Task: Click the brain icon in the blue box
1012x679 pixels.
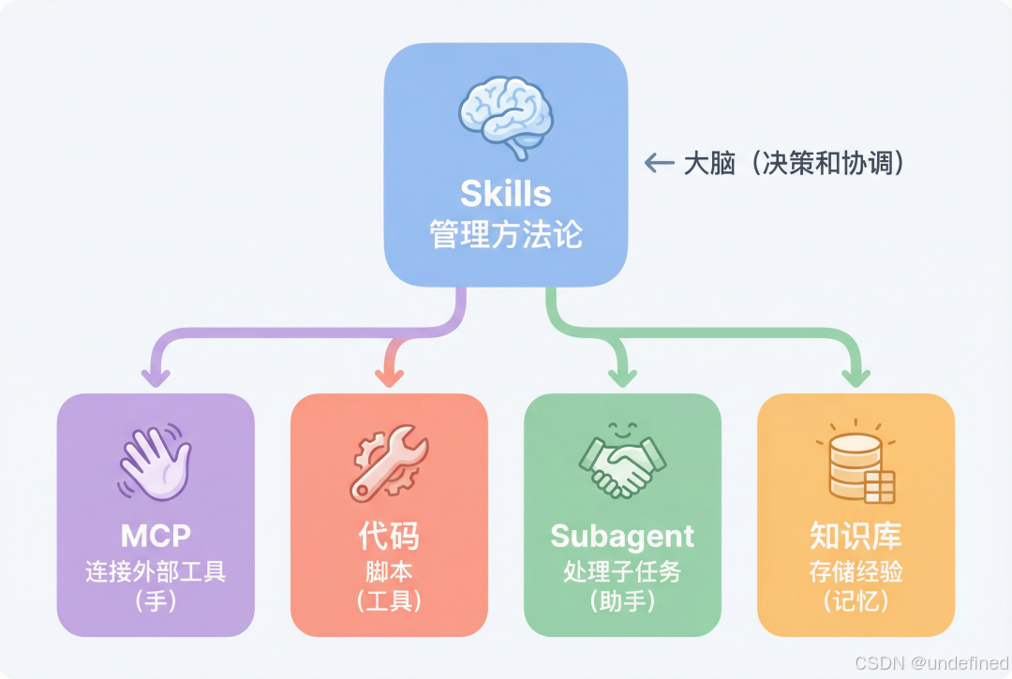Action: click(505, 116)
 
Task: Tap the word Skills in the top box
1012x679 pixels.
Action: click(505, 194)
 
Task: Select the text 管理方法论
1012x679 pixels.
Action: click(505, 234)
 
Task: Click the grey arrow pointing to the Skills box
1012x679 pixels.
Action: click(659, 164)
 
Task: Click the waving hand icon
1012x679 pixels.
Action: click(155, 463)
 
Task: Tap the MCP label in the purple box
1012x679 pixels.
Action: click(156, 536)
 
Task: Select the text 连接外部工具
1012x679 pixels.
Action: click(156, 571)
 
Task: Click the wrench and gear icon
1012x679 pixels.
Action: click(389, 461)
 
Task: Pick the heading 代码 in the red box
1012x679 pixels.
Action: click(389, 536)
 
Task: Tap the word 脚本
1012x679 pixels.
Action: click(389, 571)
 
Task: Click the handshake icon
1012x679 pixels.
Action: click(622, 463)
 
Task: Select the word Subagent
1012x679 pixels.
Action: click(622, 536)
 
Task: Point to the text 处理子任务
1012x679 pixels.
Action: click(622, 571)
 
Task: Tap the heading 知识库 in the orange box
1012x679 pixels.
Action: click(856, 536)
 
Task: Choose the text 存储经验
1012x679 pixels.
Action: click(856, 571)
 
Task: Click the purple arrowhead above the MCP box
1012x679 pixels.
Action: click(156, 376)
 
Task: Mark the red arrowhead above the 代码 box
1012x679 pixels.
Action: click(389, 376)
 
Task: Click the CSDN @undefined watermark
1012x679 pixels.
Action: click(930, 661)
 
